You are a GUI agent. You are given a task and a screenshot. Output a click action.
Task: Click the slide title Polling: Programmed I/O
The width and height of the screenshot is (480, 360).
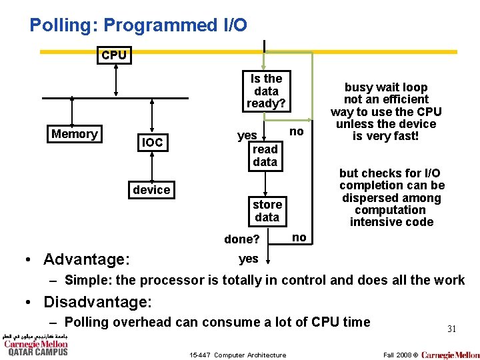tap(138, 25)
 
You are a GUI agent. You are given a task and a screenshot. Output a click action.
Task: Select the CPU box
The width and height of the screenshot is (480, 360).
tap(114, 55)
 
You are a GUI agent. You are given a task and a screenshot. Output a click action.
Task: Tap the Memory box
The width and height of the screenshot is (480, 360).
tap(74, 134)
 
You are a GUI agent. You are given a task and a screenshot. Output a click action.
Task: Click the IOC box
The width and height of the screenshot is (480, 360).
tap(152, 142)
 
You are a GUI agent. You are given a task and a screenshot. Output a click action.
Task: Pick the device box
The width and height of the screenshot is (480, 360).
tap(151, 190)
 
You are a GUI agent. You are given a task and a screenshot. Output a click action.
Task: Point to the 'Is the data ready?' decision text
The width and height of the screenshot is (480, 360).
tap(266, 91)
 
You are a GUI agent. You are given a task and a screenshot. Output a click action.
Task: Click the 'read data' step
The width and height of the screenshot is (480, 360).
tap(265, 155)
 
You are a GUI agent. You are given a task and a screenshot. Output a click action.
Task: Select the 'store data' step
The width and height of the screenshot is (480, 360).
tap(267, 211)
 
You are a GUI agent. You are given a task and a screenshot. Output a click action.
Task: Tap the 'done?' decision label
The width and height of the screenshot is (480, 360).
tap(242, 239)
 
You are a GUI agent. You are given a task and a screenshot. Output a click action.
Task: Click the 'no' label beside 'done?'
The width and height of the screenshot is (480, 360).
tap(299, 237)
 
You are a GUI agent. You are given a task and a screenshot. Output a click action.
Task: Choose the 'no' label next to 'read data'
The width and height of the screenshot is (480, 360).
tap(296, 131)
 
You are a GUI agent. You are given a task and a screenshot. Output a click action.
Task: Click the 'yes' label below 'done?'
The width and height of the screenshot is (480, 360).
tap(248, 259)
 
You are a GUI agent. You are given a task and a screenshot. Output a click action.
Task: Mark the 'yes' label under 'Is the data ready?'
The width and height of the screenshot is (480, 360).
tap(247, 135)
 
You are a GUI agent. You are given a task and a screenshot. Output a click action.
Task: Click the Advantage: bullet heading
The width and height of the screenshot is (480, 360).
tap(87, 259)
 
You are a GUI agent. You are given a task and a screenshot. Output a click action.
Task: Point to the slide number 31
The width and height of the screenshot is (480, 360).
tap(451, 328)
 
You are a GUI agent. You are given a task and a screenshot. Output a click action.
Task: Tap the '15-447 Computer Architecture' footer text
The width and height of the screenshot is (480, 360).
tap(237, 355)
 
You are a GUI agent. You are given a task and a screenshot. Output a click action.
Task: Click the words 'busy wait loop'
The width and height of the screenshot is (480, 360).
tap(386, 87)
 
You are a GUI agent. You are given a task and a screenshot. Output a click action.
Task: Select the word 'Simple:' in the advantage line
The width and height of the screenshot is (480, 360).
tap(88, 280)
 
